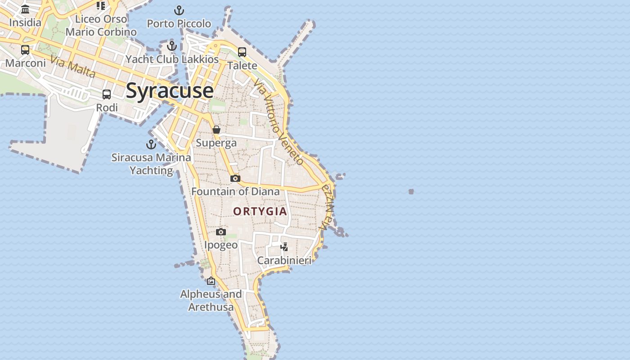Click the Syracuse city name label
coord(170,90)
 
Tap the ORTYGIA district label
coord(260,211)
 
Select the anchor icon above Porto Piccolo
coord(179,10)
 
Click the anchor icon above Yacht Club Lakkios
coord(171,45)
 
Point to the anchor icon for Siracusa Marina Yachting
coord(151,144)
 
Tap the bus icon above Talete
coord(242,52)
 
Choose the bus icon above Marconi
coord(25,49)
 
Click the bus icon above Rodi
coord(107,94)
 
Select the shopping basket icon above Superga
coord(216,130)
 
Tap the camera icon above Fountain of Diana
coord(235,178)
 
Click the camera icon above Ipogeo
coord(220,232)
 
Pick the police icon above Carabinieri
coord(284,247)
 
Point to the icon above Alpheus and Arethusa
coord(211,281)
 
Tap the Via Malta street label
coord(73,67)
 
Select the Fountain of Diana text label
coord(235,191)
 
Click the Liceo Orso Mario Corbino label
coord(101,25)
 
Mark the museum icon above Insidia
coord(25,9)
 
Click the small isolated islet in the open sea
coord(411,192)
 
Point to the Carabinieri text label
coord(284,260)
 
